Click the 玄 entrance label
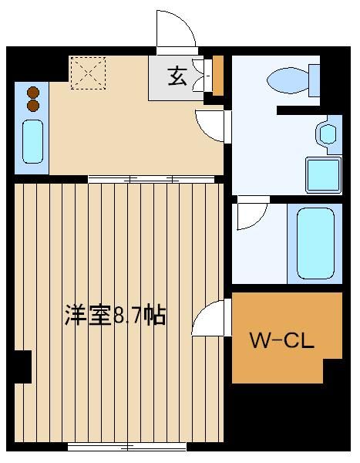click(x=177, y=76)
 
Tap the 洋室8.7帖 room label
click(x=116, y=316)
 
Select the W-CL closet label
click(x=282, y=340)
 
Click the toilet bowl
click(x=288, y=80)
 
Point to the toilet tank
click(x=315, y=80)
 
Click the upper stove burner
click(x=33, y=93)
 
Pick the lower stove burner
click(x=33, y=106)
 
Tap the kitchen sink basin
click(x=32, y=141)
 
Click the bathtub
click(x=315, y=243)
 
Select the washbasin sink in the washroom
click(x=328, y=134)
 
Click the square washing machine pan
click(x=324, y=175)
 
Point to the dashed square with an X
click(x=88, y=73)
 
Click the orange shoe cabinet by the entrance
click(x=218, y=76)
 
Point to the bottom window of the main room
click(x=127, y=447)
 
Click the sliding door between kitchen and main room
click(x=151, y=179)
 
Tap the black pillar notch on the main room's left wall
click(x=23, y=367)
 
